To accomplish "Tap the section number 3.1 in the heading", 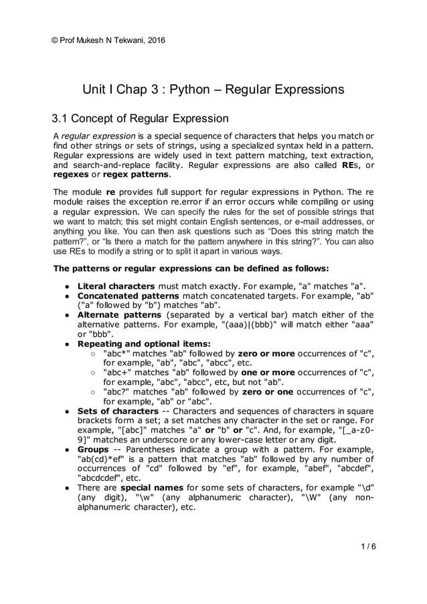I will (x=62, y=119).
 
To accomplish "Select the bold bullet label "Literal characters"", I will (x=116, y=287).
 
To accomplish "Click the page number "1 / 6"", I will (x=367, y=546).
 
